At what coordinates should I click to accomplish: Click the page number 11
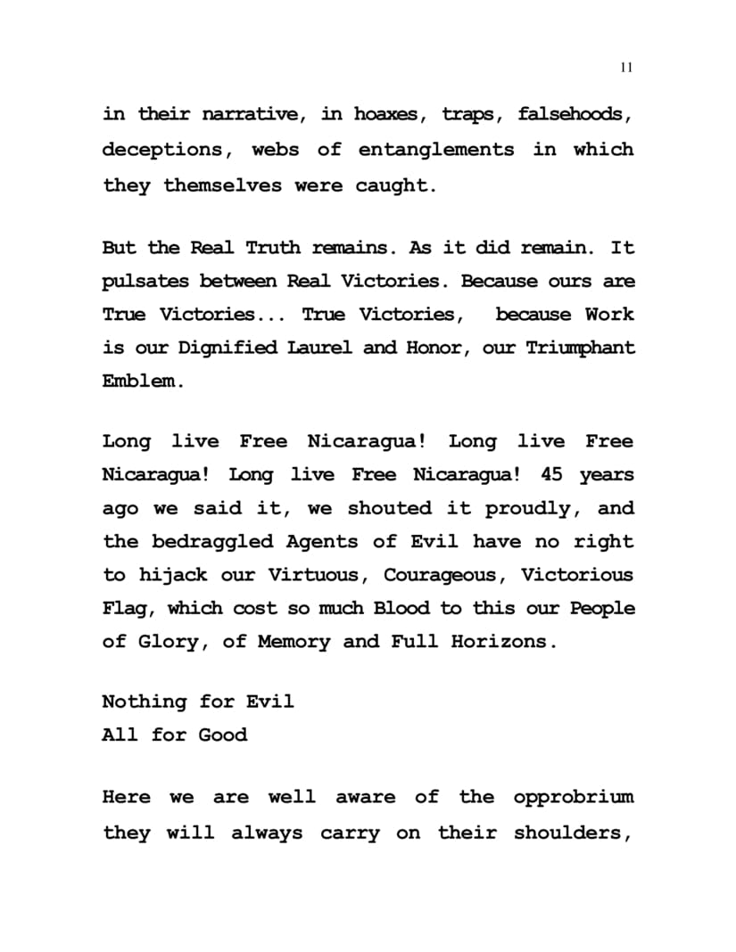click(x=625, y=68)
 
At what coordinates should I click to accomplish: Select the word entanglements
click(x=436, y=149)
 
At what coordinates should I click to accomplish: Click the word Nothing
click(x=145, y=702)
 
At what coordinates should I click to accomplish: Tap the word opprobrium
click(x=574, y=797)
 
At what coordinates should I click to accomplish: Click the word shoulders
click(x=574, y=833)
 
